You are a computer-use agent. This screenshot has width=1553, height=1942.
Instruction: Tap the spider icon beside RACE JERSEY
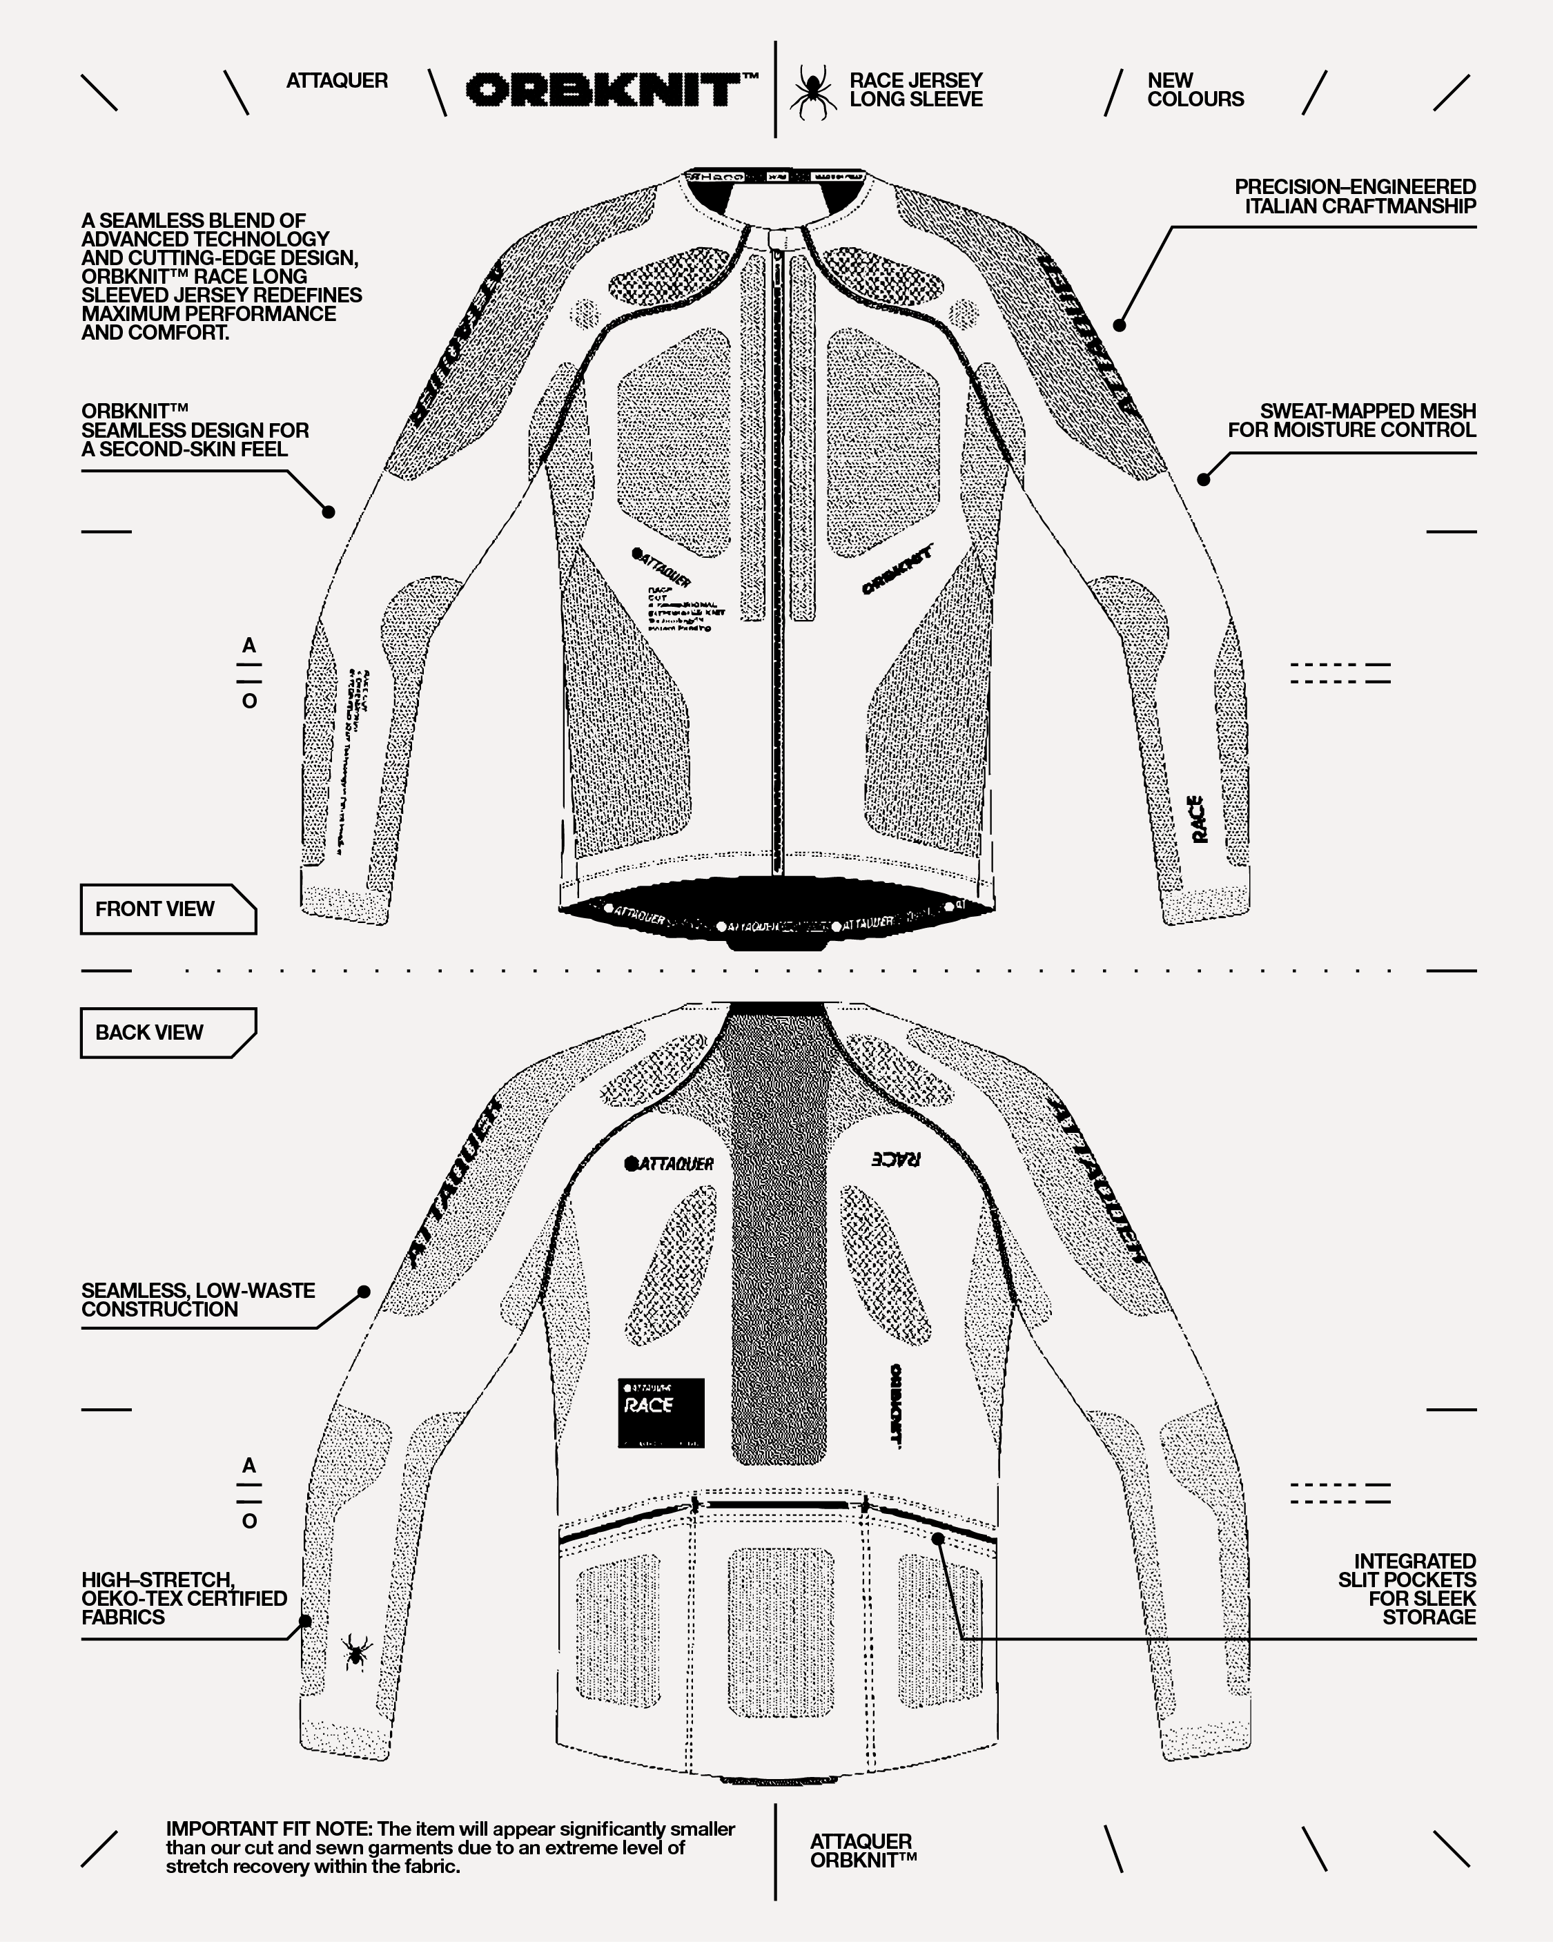point(812,91)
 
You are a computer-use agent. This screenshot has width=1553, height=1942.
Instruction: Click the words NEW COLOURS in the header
point(1195,90)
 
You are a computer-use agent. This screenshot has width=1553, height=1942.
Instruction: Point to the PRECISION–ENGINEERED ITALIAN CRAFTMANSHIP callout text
point(1355,196)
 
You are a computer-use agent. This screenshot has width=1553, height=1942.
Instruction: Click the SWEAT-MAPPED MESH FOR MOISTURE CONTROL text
point(1351,420)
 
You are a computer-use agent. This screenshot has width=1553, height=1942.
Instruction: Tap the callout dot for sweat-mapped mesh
point(1204,479)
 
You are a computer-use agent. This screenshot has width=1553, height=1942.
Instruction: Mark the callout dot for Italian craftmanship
point(1120,325)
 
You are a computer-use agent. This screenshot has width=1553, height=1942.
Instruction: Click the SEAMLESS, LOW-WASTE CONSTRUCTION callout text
point(198,1300)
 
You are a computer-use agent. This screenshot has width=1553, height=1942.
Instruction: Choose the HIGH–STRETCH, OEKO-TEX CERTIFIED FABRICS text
point(184,1598)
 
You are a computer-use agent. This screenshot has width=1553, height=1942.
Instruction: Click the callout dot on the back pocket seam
point(938,1538)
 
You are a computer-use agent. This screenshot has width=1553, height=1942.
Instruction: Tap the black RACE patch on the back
point(661,1412)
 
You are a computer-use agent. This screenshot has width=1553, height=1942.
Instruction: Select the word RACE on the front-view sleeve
point(1198,819)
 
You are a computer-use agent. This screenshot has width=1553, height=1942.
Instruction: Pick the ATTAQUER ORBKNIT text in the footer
point(862,1851)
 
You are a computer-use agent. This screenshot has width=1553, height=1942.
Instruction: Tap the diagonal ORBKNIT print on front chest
point(897,570)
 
